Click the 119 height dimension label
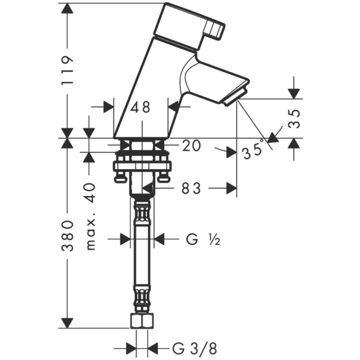coord(67,70)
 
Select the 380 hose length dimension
coord(67,236)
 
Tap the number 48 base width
coord(140,107)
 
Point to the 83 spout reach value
coord(191,189)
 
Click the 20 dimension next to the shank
coord(191,145)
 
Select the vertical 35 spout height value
coord(294,118)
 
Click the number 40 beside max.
coord(91,189)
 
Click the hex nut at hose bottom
coord(142,321)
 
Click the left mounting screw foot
coord(121,178)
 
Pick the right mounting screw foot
coord(163,177)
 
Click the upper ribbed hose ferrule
coord(142,213)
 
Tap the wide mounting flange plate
coord(142,166)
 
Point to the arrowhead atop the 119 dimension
coord(67,8)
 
